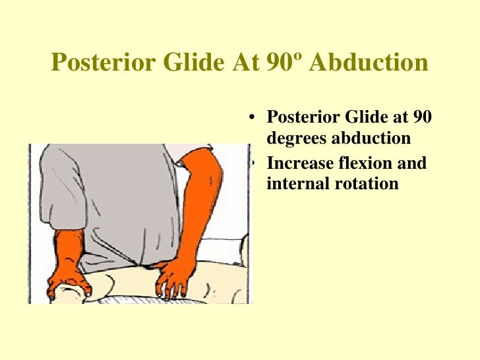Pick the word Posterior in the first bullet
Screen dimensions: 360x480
[x=301, y=118]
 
